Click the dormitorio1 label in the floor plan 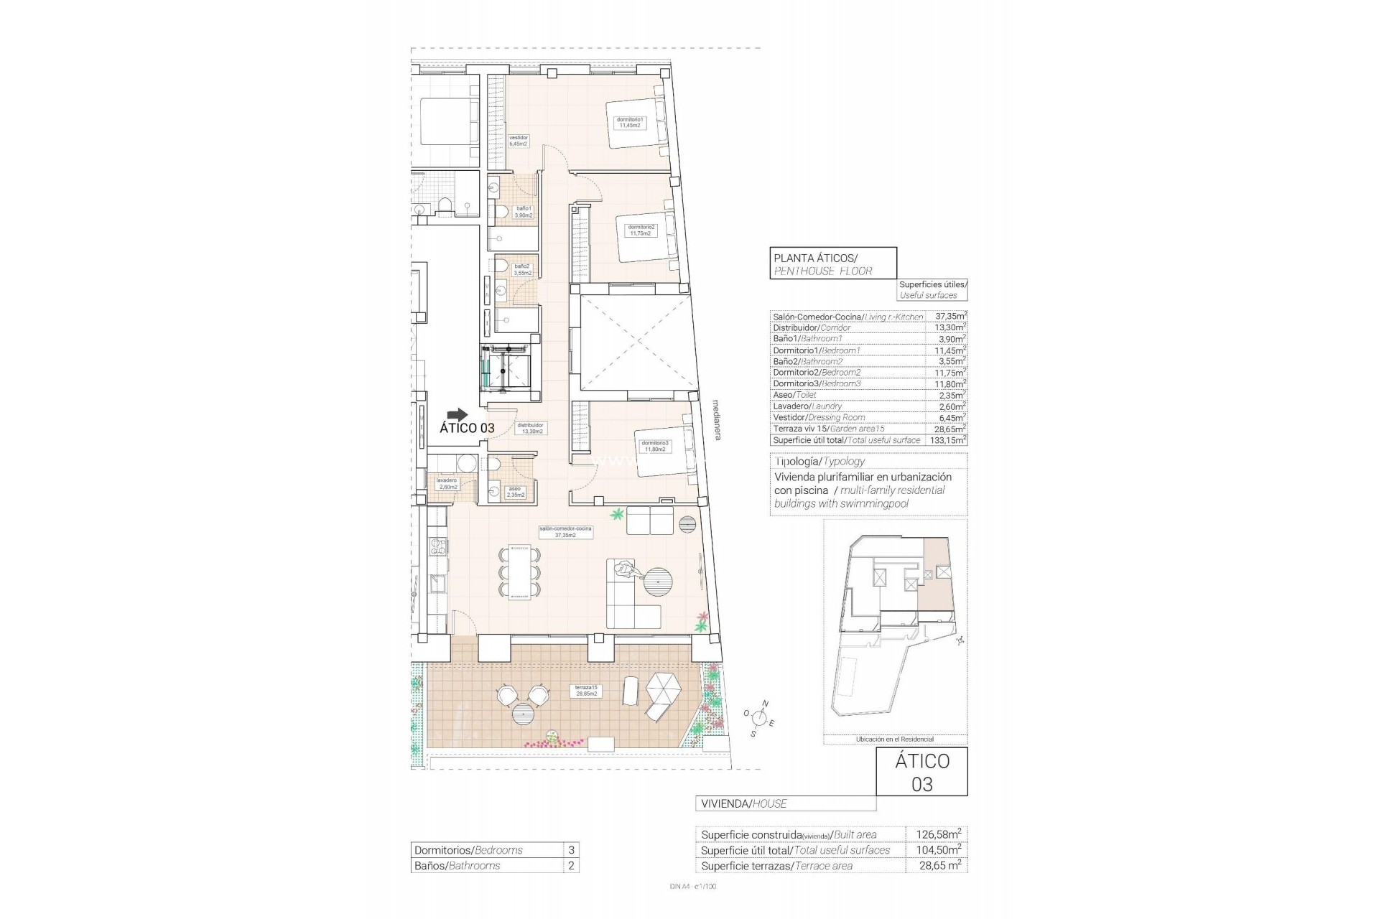coord(630,122)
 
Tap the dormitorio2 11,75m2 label coord(641,230)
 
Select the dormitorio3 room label coord(654,446)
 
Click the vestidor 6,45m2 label coord(518,141)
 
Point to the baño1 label coord(524,212)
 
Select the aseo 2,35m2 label coord(515,491)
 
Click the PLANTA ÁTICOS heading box coord(832,263)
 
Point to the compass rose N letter coord(766,704)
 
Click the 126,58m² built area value coord(938,834)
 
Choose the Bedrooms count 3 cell coord(571,850)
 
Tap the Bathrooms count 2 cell coord(571,865)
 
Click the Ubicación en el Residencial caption coord(894,739)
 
